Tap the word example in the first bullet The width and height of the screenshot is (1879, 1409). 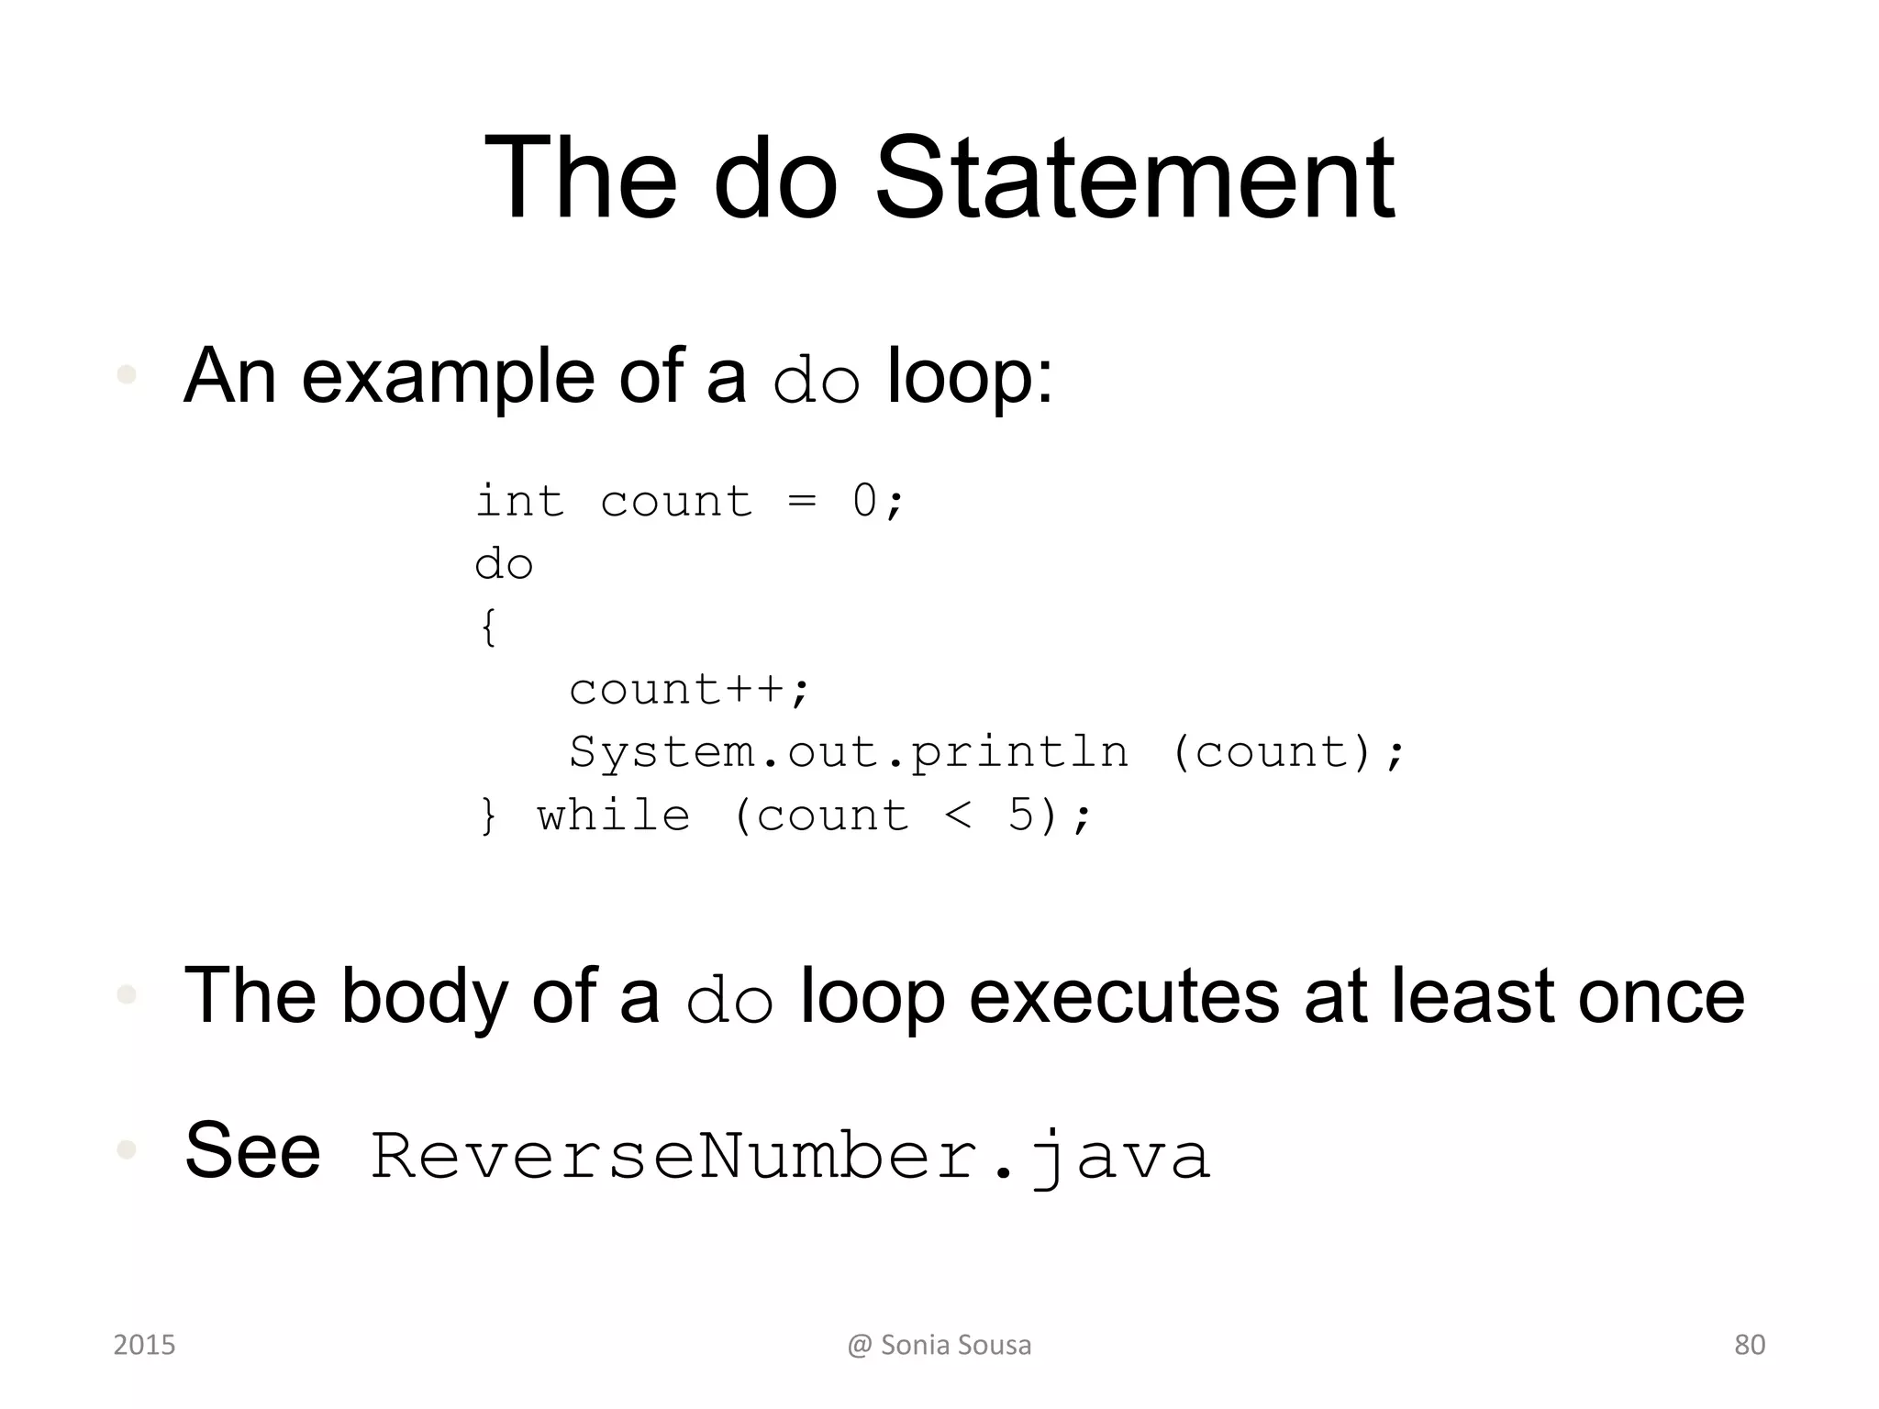click(x=448, y=376)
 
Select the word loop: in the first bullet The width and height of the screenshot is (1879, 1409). click(x=971, y=376)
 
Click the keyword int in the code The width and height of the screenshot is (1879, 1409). click(x=519, y=502)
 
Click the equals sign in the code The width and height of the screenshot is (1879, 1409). click(x=802, y=502)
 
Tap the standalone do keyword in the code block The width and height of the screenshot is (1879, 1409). click(x=504, y=564)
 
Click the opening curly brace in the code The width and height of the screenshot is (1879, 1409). click(x=489, y=627)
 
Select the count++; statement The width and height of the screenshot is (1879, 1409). click(x=690, y=690)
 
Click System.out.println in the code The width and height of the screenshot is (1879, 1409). click(x=849, y=753)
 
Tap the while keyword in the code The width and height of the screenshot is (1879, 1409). click(x=614, y=815)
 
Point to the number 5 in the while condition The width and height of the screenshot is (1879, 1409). click(x=1021, y=815)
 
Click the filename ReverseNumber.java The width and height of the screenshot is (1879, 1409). click(x=790, y=1156)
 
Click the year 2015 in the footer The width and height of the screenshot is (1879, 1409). click(x=144, y=1345)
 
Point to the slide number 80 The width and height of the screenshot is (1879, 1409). click(x=1749, y=1345)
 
